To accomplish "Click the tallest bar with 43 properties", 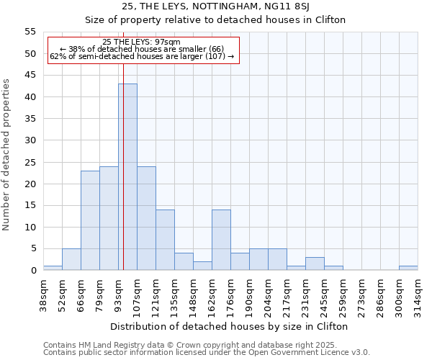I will [x=127, y=177].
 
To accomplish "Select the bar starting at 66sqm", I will [x=90, y=220].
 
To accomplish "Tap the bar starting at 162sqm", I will [x=221, y=240].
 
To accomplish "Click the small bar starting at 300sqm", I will [x=408, y=269].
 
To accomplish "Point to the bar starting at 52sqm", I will [x=71, y=259].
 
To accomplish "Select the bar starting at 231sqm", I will [x=315, y=264].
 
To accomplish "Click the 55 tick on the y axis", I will [x=30, y=32].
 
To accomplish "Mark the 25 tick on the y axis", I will [x=30, y=162].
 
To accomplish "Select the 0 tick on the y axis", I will [x=32, y=271].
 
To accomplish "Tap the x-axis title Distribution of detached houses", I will [x=230, y=326].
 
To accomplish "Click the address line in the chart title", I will [x=215, y=6].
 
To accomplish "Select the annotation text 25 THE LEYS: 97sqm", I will [x=142, y=42].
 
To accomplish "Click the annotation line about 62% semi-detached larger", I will [x=142, y=56].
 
